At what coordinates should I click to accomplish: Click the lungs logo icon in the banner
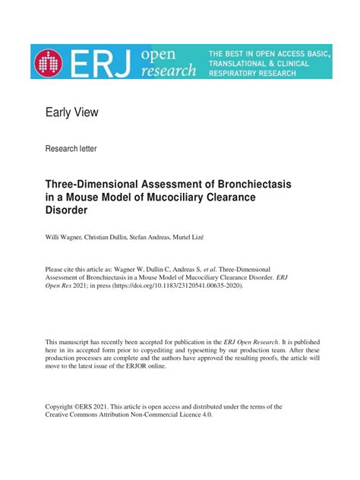pyautogui.click(x=50, y=64)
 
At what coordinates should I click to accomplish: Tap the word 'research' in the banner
pyautogui.click(x=169, y=71)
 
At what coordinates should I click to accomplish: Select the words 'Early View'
pyautogui.click(x=72, y=113)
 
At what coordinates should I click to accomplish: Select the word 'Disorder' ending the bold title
pyautogui.click(x=69, y=210)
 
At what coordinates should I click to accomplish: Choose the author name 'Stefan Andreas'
pyautogui.click(x=180, y=238)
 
